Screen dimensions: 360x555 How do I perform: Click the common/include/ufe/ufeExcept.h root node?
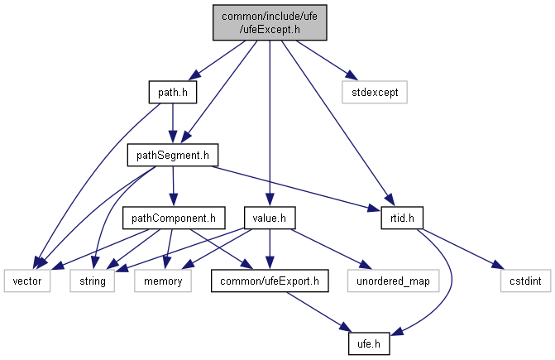pyautogui.click(x=269, y=23)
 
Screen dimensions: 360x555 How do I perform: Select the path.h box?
pyautogui.click(x=172, y=92)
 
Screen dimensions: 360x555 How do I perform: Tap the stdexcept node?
pyautogui.click(x=375, y=92)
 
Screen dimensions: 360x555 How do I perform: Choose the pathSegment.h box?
pyautogui.click(x=171, y=155)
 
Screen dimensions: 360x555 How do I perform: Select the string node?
pyautogui.click(x=93, y=282)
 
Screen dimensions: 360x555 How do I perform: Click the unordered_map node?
pyautogui.click(x=389, y=282)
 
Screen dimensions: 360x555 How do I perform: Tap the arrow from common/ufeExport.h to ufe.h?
pyautogui.click(x=318, y=314)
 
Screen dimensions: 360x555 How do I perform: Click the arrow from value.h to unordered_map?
pyautogui.click(x=327, y=249)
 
